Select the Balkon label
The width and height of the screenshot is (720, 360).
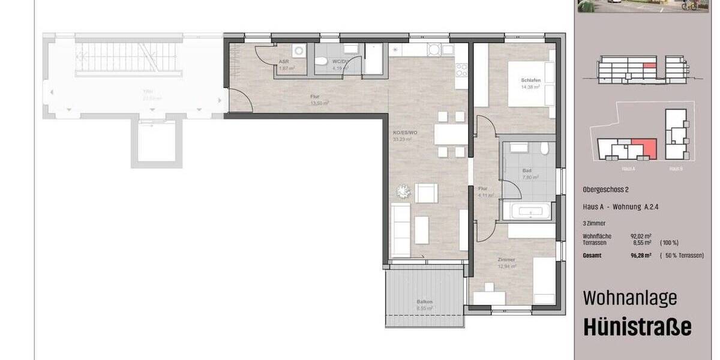point(425,301)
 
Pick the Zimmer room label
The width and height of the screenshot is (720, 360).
point(506,260)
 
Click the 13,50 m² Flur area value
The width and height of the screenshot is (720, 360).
point(320,103)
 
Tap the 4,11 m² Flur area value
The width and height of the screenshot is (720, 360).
point(485,195)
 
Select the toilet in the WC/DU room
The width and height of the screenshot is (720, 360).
point(322,60)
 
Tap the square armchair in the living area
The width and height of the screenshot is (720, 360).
point(426,193)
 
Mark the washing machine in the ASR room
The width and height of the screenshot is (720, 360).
point(299,50)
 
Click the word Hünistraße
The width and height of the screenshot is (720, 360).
point(637,328)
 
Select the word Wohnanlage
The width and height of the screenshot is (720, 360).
point(630,298)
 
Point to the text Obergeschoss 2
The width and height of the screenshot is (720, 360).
point(605,189)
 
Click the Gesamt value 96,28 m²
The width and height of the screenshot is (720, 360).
point(641,256)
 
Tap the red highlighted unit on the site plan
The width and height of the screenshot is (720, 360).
point(643,148)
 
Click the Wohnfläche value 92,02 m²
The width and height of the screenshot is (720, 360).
point(641,236)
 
